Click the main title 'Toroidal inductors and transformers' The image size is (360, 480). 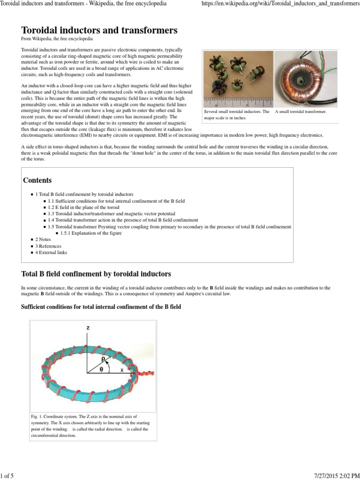coord(99,30)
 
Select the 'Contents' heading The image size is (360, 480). coord(37,180)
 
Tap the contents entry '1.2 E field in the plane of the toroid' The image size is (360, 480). coord(83,207)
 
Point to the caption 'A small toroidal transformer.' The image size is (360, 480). coord(300,112)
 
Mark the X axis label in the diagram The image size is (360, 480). coord(122,370)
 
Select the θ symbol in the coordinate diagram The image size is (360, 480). coord(101,369)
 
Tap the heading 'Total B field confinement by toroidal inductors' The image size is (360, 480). coord(96,273)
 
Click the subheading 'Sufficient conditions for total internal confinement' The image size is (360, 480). coord(101,307)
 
